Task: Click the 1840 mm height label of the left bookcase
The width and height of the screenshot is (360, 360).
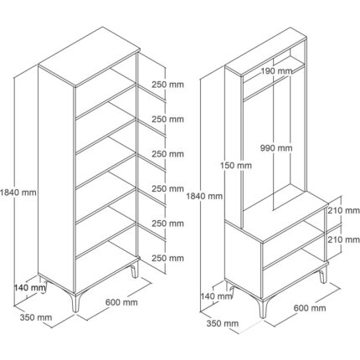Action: (18, 193)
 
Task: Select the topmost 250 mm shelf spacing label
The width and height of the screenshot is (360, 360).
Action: (167, 85)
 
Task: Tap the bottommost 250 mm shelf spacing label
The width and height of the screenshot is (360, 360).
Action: (167, 258)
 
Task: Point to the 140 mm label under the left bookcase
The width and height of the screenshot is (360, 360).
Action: (30, 287)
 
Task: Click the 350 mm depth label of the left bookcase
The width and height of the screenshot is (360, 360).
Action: (36, 317)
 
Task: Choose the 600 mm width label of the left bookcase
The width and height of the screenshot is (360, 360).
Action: (121, 302)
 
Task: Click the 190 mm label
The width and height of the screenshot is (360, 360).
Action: (276, 71)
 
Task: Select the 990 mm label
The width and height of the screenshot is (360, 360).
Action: (276, 148)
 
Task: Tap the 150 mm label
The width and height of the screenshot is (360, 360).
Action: (236, 166)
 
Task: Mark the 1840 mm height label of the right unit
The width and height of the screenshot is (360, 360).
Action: (204, 196)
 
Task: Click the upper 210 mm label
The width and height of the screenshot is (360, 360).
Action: (344, 210)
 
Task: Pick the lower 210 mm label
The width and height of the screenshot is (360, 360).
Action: (344, 239)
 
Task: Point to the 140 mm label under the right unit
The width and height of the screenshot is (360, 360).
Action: (216, 296)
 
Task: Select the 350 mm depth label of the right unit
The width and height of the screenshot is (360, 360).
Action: (223, 323)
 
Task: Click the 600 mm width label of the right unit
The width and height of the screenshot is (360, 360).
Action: (310, 308)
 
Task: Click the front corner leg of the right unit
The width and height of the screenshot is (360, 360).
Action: (263, 309)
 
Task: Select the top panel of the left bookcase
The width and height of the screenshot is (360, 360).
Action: (89, 57)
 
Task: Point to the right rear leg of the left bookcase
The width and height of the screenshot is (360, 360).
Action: (135, 270)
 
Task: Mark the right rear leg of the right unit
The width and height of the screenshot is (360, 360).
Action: (323, 275)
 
